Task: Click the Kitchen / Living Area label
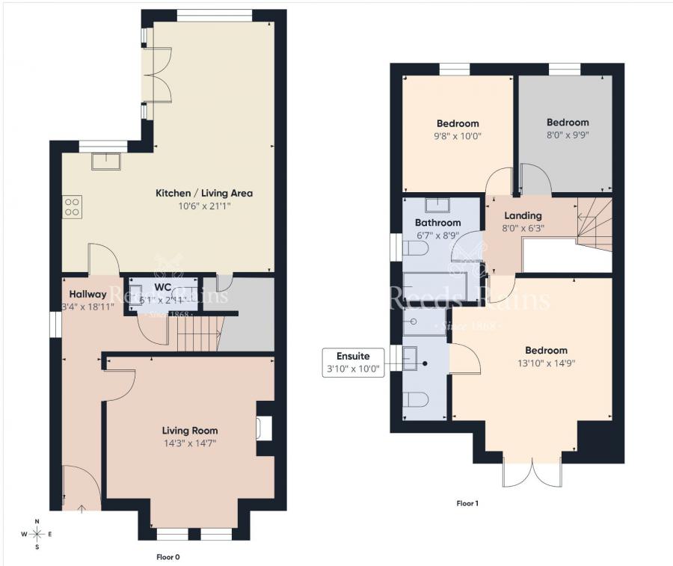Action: point(203,193)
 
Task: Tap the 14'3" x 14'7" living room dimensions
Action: point(190,443)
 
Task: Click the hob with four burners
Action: point(73,206)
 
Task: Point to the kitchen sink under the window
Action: point(105,161)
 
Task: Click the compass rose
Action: point(37,534)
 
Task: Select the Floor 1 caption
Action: point(467,503)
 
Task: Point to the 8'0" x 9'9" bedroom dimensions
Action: point(567,135)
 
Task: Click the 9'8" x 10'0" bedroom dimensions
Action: point(458,136)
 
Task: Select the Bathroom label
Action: point(437,223)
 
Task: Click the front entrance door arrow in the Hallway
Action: point(81,508)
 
